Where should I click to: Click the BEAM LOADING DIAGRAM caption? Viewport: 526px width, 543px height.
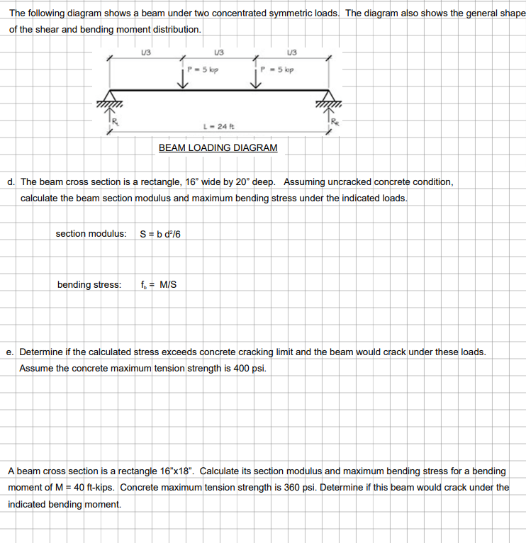pos(218,147)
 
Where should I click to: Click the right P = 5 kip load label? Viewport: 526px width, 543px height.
pos(278,69)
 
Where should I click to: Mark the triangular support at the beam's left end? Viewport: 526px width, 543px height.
pos(110,97)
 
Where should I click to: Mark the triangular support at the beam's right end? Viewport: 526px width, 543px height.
pos(328,97)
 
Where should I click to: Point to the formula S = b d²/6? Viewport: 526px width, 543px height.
pos(161,233)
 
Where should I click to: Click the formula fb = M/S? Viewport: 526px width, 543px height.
pos(159,285)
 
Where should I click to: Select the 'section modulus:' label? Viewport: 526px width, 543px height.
pos(91,233)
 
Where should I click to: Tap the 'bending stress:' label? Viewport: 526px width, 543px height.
pos(89,285)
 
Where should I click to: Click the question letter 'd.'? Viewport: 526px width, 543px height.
pos(12,181)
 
